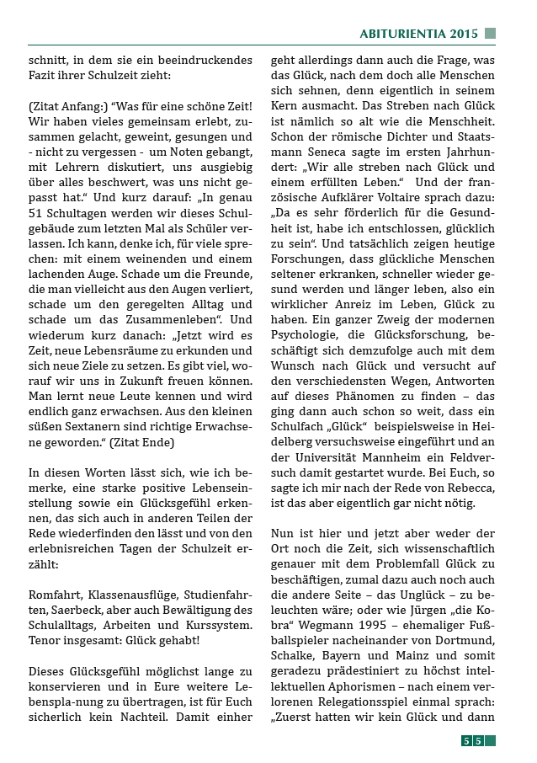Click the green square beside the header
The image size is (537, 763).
tap(491, 34)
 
